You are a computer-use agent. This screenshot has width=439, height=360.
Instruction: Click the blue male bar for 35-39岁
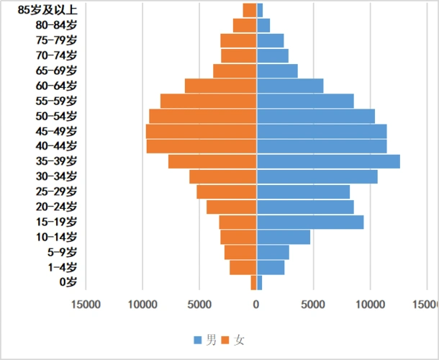coord(328,161)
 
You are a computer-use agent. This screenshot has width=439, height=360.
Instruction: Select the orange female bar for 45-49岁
coord(202,131)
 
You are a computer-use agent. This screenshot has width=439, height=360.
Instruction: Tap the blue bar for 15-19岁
coord(310,222)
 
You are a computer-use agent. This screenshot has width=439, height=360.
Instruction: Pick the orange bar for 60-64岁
coord(221,86)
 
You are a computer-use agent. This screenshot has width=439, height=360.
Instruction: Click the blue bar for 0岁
coord(259,283)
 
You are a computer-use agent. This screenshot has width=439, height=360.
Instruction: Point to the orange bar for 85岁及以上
coord(250,10)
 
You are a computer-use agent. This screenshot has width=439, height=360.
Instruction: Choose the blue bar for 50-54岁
coord(316,116)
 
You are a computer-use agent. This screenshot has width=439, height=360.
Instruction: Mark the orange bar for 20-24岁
coord(232,207)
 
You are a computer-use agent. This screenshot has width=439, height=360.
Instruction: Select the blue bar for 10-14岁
coord(284,237)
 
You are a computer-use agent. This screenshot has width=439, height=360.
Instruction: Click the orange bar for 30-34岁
coord(223,176)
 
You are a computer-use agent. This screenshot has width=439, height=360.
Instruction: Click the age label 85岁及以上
coord(47,10)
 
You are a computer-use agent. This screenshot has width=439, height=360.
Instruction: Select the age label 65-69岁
coord(56,71)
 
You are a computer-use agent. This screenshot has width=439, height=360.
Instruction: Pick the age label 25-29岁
coord(56,192)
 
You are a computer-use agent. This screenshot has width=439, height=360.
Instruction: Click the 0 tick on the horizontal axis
coord(256,304)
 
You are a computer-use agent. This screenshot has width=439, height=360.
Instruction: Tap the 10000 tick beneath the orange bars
coord(142,304)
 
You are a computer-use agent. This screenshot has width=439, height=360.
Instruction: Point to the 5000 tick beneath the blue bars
coord(313,304)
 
